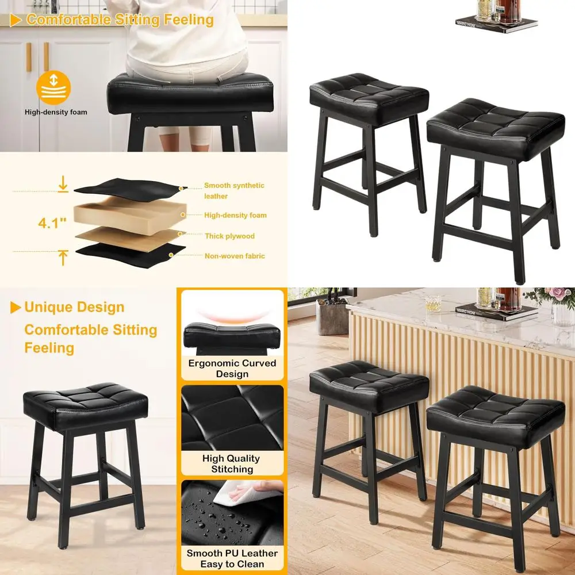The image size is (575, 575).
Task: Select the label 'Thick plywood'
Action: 229,236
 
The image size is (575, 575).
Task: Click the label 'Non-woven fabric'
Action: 235,256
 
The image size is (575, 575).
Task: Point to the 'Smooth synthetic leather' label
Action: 234,191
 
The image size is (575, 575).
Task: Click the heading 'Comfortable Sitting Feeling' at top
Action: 120,20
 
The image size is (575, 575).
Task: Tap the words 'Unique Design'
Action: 74,307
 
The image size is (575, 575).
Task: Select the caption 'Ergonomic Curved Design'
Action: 232,369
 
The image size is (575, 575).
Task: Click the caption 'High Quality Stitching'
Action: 231,464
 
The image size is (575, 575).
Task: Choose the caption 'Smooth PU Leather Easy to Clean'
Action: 232,558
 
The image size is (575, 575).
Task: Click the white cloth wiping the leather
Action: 244,492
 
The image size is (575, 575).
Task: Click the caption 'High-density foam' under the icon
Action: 56,112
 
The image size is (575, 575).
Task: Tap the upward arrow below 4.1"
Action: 63,256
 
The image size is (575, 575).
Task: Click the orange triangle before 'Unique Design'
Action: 16,308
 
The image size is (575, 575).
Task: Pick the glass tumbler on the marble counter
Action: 433,304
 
